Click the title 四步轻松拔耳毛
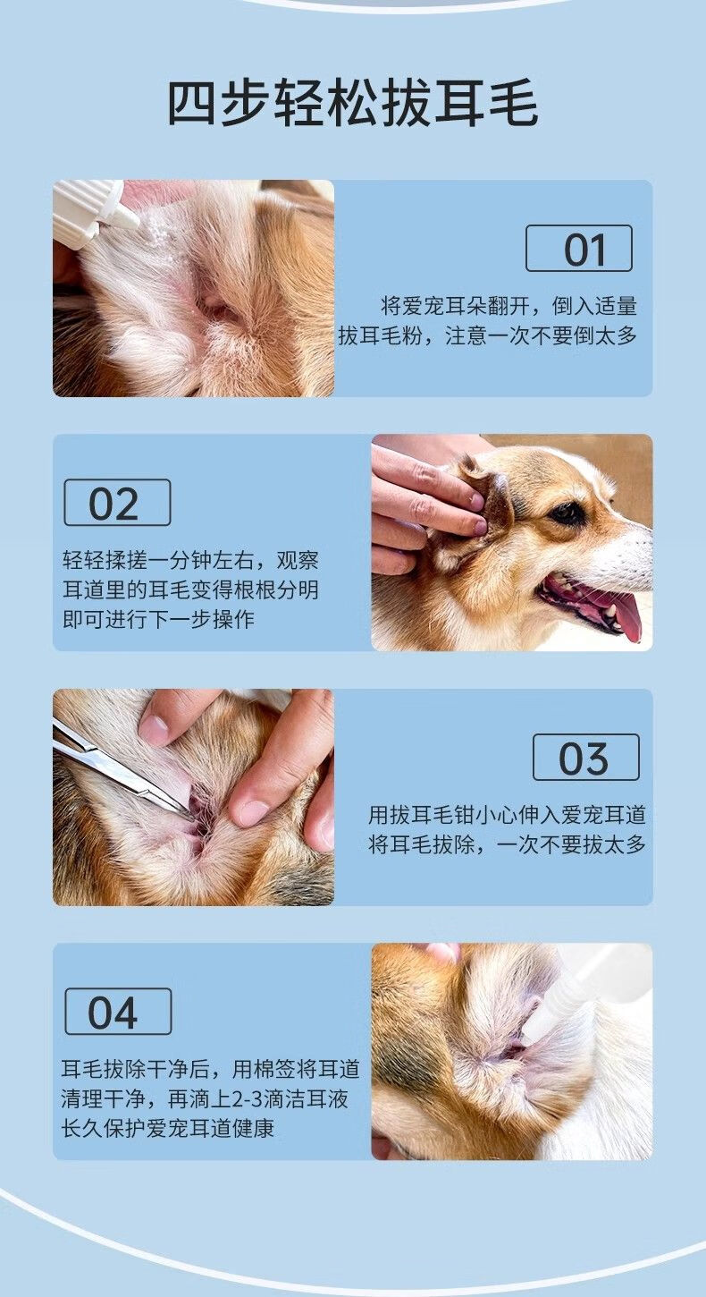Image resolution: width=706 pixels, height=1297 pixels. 353,104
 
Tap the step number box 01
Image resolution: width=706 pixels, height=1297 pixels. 579,249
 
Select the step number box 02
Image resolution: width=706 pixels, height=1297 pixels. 117,503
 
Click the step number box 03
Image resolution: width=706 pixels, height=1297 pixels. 585,758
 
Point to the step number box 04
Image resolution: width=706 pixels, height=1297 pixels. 118,1012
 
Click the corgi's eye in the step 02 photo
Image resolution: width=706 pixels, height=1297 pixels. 567,513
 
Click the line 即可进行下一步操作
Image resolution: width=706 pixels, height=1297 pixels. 158,620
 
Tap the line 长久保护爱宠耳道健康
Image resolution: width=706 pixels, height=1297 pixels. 168,1128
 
